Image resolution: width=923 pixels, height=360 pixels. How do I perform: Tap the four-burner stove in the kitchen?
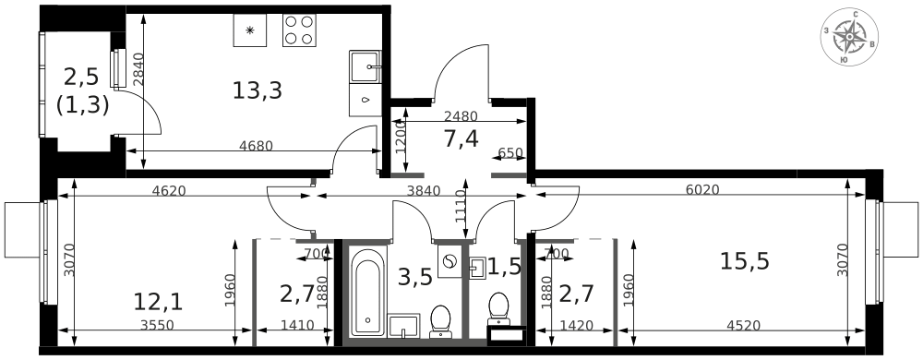299,30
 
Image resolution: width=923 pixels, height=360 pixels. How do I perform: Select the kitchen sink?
365,67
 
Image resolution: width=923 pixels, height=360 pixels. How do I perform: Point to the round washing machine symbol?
450,263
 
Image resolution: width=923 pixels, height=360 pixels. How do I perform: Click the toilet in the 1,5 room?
498,308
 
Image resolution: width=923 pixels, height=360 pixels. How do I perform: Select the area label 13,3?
257,90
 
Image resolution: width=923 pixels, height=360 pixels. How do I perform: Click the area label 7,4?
460,139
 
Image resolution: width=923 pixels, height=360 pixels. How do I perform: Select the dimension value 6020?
702,190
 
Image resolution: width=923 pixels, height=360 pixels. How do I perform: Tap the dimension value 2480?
461,116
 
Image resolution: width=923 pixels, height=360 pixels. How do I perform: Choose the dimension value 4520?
743,325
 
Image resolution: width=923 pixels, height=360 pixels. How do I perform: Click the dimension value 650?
510,153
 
